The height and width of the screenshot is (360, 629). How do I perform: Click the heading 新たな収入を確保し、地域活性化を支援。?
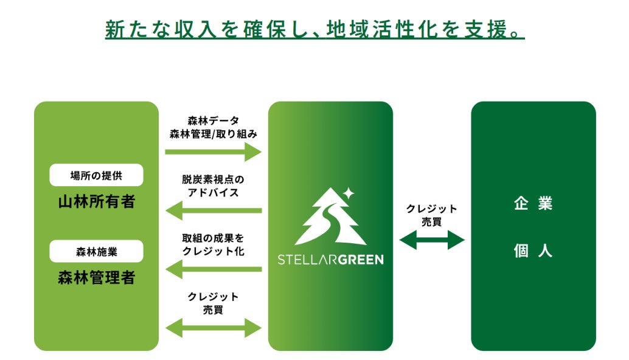314,30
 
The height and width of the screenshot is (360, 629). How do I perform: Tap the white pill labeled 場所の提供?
96,175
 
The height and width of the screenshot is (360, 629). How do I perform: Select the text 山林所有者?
96,202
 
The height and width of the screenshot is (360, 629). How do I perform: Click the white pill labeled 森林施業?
96,251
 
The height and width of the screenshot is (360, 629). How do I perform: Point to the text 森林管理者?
96,278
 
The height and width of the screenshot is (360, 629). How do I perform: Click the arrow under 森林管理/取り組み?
213,153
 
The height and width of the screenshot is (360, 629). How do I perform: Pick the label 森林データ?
213,121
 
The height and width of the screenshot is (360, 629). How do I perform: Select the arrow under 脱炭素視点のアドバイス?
213,210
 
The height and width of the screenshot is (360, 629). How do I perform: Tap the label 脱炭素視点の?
213,180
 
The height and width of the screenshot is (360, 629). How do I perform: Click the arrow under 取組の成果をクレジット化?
213,269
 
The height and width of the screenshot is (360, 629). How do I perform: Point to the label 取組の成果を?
213,238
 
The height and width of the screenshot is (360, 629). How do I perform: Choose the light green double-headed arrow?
213,328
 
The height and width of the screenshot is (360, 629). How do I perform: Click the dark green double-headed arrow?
432,240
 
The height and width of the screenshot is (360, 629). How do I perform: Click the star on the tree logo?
348,193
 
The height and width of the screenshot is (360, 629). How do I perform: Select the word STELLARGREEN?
330,260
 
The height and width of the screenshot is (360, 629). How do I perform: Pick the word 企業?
533,204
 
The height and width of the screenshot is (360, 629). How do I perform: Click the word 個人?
533,251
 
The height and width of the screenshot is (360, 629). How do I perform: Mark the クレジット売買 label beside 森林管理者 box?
213,303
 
